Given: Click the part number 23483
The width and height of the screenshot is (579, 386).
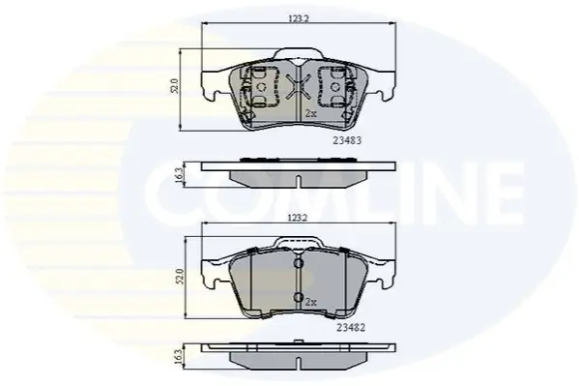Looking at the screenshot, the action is click(x=347, y=141).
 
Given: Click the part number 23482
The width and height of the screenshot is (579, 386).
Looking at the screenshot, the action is click(x=351, y=328).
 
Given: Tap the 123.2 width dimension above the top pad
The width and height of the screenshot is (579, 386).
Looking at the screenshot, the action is click(x=298, y=18).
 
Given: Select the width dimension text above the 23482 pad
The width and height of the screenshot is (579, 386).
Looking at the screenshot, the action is click(x=298, y=218).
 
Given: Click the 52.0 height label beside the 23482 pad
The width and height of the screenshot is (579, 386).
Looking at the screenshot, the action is click(x=180, y=276).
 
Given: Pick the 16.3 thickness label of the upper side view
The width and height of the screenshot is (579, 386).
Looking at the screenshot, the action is click(x=180, y=175).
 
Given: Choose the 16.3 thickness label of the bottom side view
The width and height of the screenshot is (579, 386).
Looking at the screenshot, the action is click(x=180, y=358).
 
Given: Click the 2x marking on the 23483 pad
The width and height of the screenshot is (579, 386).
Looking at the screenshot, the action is click(x=311, y=114).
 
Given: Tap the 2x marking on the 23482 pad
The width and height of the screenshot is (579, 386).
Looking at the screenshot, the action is click(x=311, y=303).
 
